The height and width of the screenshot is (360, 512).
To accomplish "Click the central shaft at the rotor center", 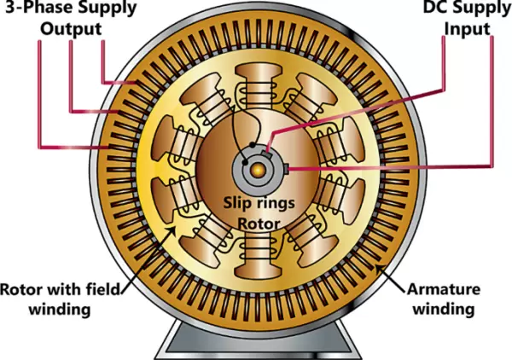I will tap(255, 165).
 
